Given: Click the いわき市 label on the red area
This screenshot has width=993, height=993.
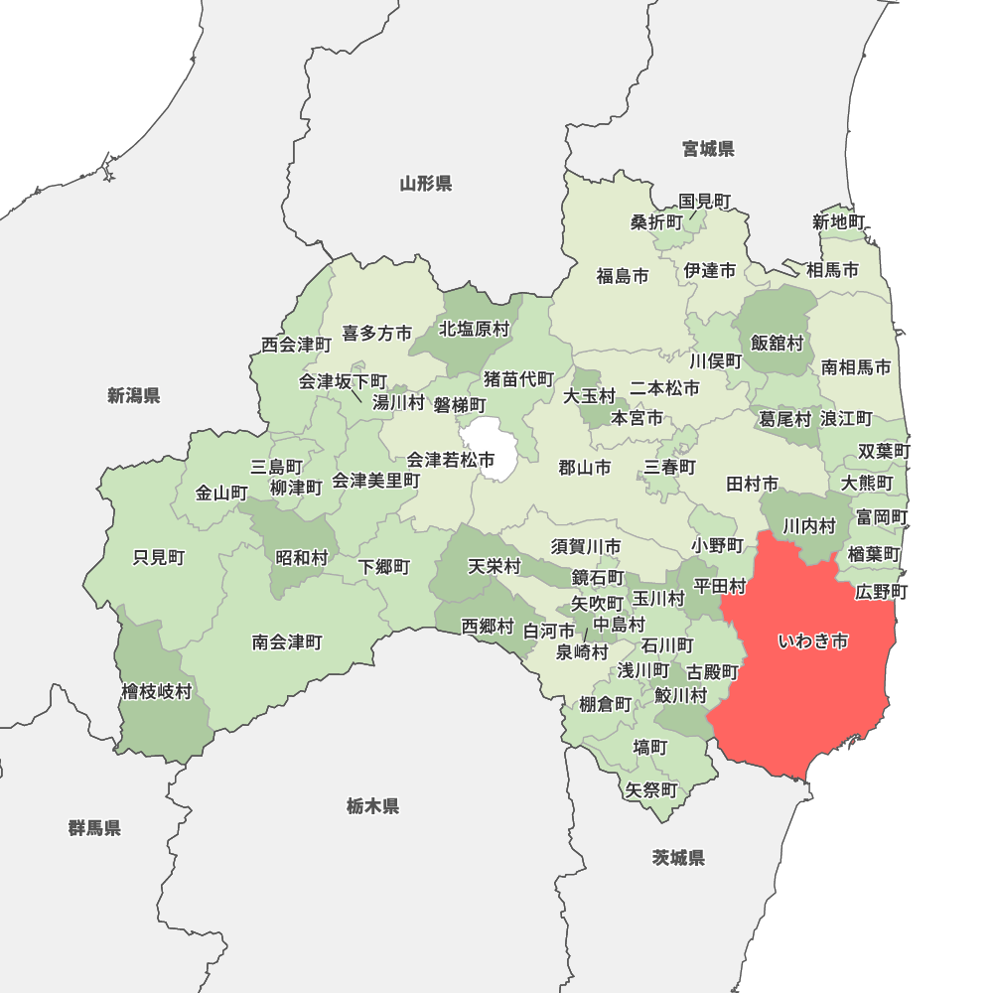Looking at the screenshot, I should [812, 641].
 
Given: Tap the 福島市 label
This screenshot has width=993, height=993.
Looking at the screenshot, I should [623, 275].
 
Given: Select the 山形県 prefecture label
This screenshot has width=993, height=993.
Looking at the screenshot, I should [426, 183].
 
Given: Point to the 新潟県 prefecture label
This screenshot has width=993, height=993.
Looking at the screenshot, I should [134, 395].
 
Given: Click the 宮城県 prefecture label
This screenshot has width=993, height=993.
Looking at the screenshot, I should [708, 149].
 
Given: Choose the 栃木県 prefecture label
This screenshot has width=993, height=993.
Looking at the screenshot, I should [373, 805].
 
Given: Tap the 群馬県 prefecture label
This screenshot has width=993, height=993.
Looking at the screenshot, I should [95, 827].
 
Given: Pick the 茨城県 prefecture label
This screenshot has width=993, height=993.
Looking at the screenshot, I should [679, 857].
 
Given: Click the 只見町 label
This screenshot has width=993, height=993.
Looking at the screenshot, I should [159, 557].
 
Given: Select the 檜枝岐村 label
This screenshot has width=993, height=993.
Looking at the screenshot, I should [157, 691].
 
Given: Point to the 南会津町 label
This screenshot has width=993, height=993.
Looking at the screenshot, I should [287, 641].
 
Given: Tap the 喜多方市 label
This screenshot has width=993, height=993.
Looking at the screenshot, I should [377, 334].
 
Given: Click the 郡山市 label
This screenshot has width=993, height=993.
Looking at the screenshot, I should [584, 467].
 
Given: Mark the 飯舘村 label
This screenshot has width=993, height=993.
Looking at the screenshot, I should [777, 343].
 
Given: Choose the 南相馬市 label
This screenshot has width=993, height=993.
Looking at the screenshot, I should [856, 367].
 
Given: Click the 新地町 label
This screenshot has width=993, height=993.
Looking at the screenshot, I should [839, 221].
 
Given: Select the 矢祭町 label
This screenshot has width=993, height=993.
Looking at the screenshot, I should [651, 790].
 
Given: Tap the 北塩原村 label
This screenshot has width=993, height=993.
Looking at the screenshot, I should [474, 328].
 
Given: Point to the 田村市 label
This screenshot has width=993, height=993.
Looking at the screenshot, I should [752, 484].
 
